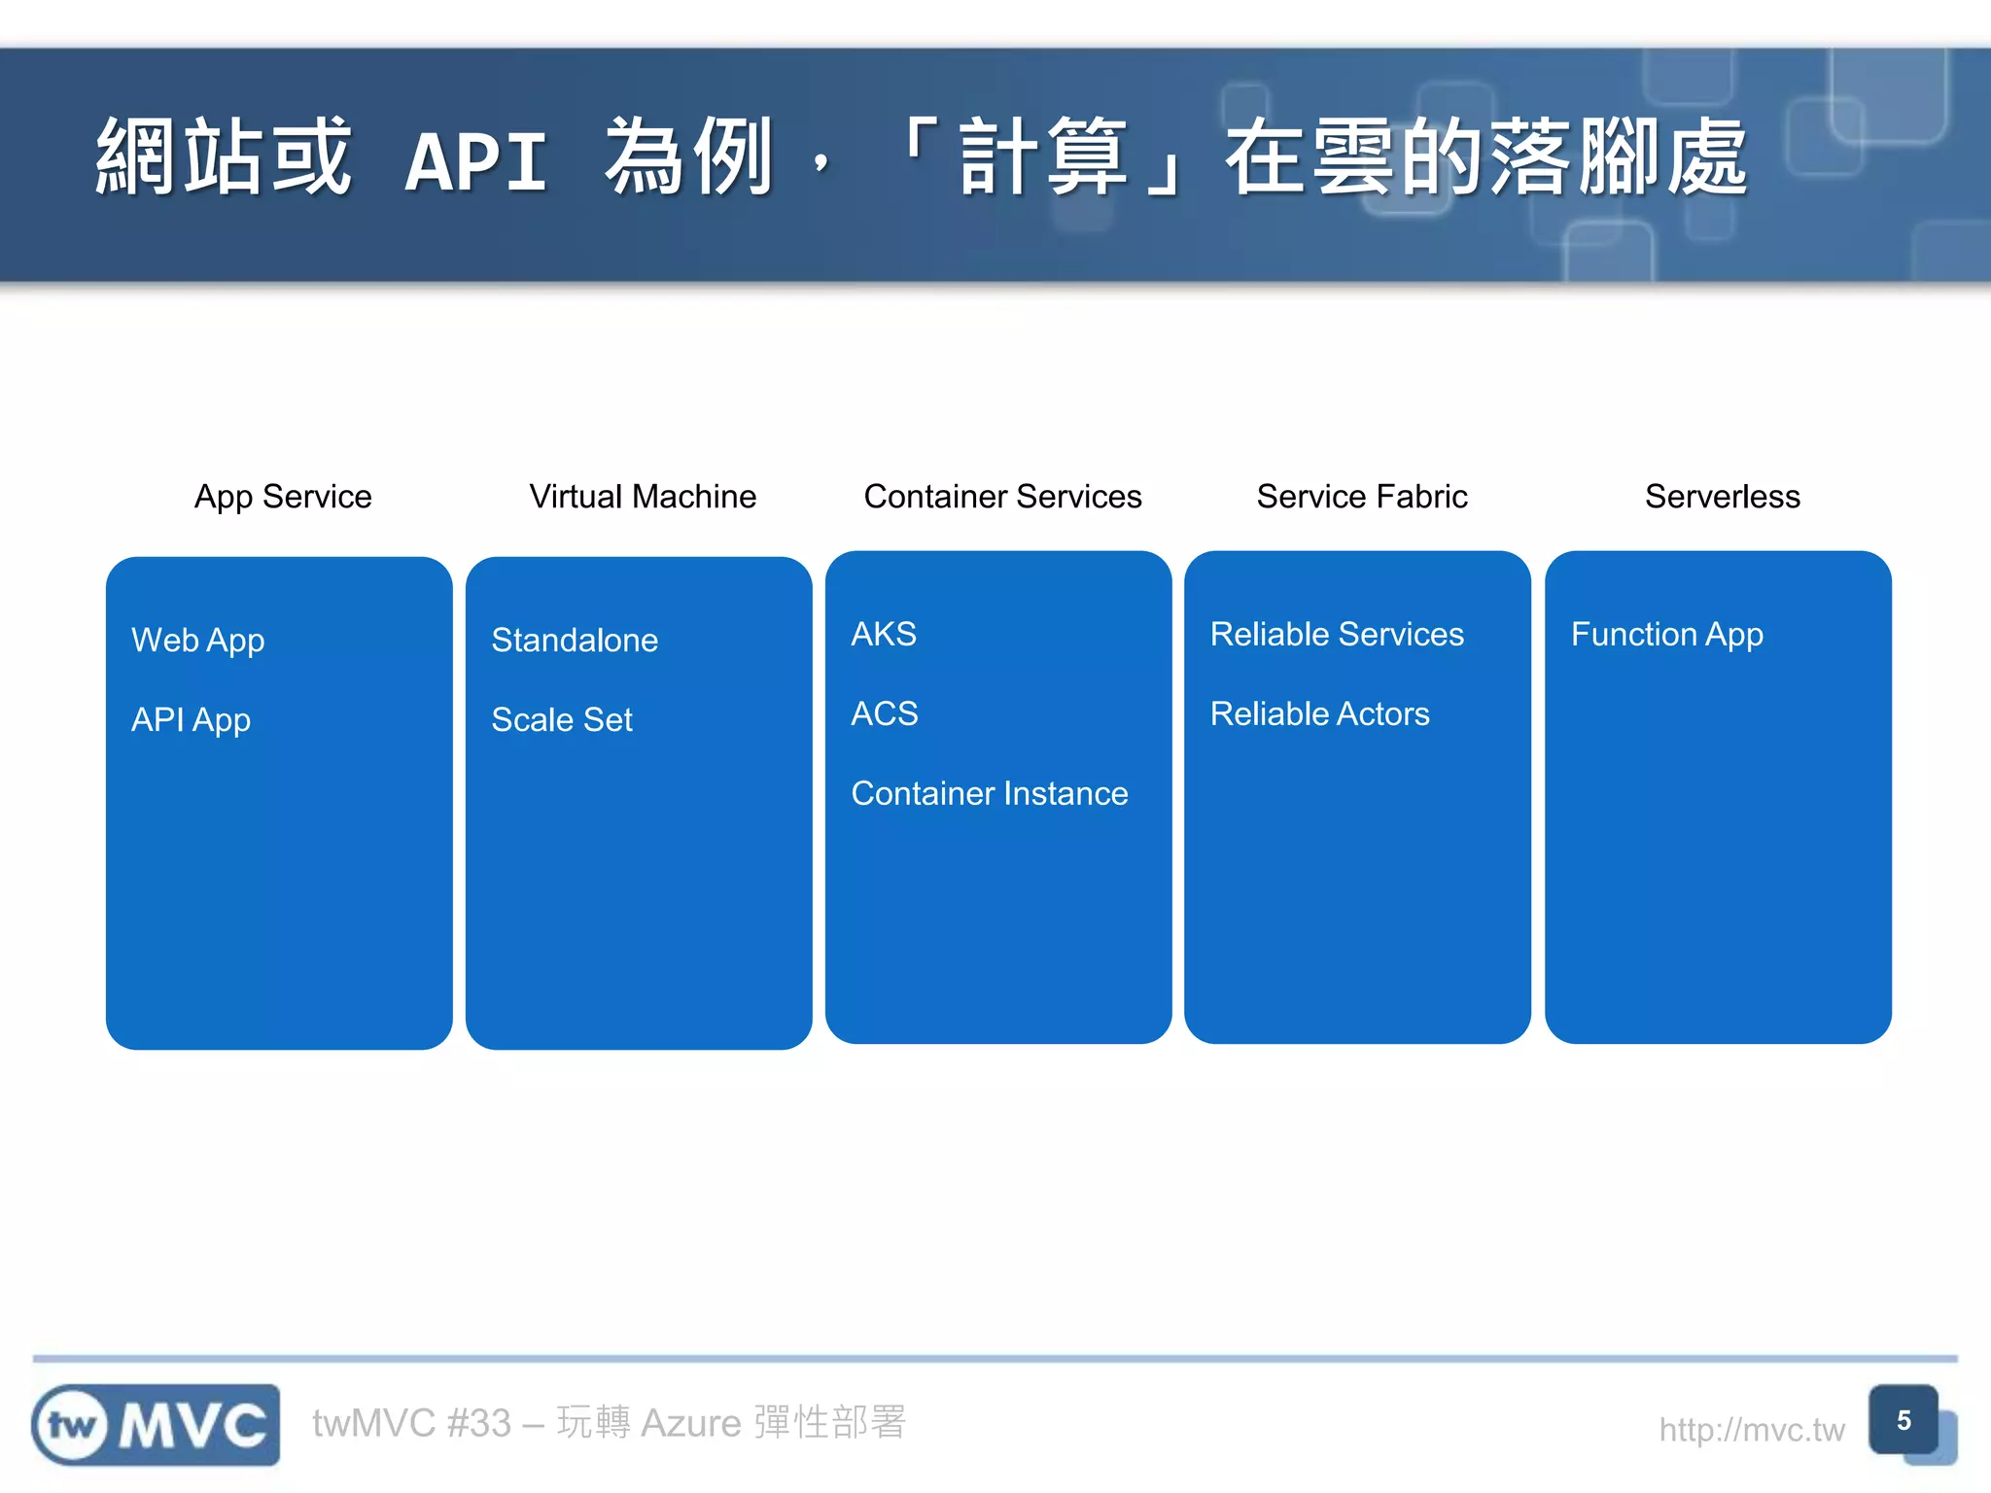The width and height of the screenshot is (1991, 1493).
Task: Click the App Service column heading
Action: [283, 497]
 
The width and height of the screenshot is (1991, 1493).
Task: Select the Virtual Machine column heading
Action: [643, 497]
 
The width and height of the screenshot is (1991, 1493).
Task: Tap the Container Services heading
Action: [1002, 497]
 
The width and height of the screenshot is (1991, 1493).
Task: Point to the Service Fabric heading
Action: [1362, 497]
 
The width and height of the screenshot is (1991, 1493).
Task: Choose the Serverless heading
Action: [1722, 497]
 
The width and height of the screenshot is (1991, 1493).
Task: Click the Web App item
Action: [197, 641]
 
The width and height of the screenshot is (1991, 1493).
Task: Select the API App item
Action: [191, 720]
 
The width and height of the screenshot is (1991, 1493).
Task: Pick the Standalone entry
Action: [575, 641]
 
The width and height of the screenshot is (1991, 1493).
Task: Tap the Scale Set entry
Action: [562, 720]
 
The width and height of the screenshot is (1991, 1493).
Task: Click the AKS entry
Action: [884, 635]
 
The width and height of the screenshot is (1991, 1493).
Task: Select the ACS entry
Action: [884, 714]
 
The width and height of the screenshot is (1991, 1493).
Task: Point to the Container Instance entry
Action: [989, 794]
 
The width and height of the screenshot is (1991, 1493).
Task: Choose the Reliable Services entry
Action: [1337, 635]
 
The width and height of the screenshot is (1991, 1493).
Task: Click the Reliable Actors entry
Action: [1319, 714]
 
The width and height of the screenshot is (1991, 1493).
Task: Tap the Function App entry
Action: [1666, 635]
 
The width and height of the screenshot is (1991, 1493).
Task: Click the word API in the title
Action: [475, 161]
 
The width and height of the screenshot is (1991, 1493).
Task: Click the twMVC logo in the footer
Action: [156, 1425]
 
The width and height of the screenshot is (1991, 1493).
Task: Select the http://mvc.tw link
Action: [1751, 1430]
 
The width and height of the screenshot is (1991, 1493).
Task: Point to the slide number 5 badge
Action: [1904, 1420]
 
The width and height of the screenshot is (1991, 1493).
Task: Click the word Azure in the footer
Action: [690, 1423]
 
